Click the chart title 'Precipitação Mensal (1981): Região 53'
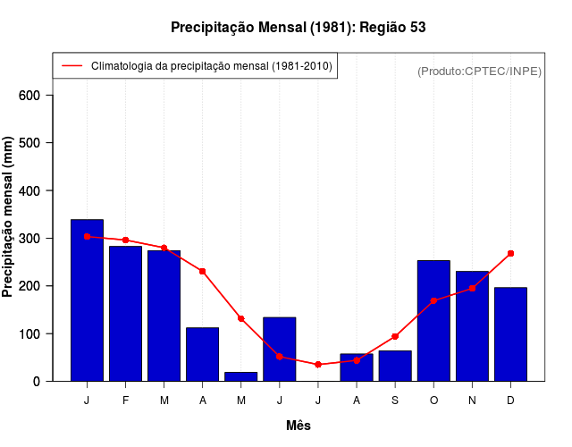point(299,28)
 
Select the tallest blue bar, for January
point(87,299)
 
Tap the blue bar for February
point(125,313)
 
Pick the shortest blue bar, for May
point(240,376)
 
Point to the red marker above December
point(510,254)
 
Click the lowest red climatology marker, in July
point(317,365)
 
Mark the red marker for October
point(433,301)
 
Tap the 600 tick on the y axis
point(36,96)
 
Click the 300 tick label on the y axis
point(36,239)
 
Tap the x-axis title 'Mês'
point(299,426)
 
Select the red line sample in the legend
point(71,66)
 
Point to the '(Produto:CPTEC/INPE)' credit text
point(479,71)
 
